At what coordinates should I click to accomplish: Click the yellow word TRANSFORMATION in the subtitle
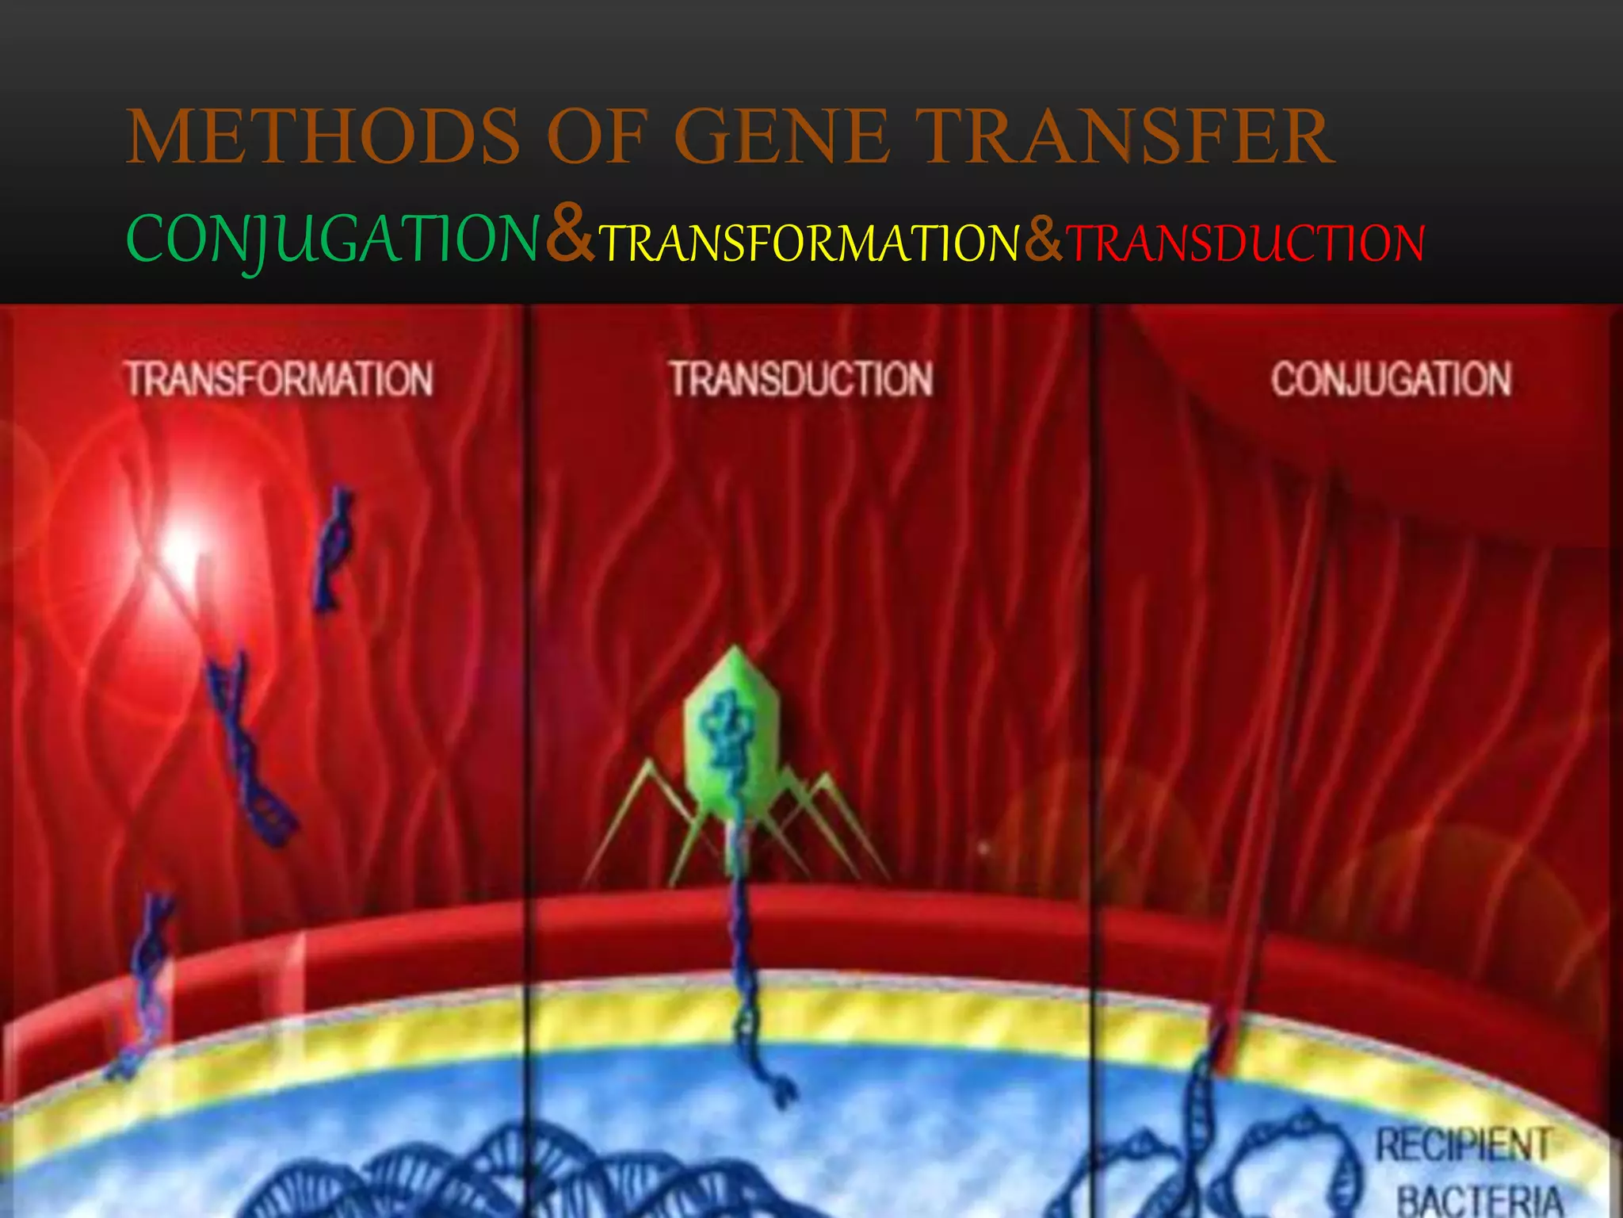[808, 243]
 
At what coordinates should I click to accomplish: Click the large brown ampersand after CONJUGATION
[569, 236]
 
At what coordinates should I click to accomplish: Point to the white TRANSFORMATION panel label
[280, 379]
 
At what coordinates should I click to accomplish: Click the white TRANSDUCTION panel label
[801, 379]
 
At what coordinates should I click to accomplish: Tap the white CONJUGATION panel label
[1391, 379]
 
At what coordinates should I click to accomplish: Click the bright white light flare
[182, 547]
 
